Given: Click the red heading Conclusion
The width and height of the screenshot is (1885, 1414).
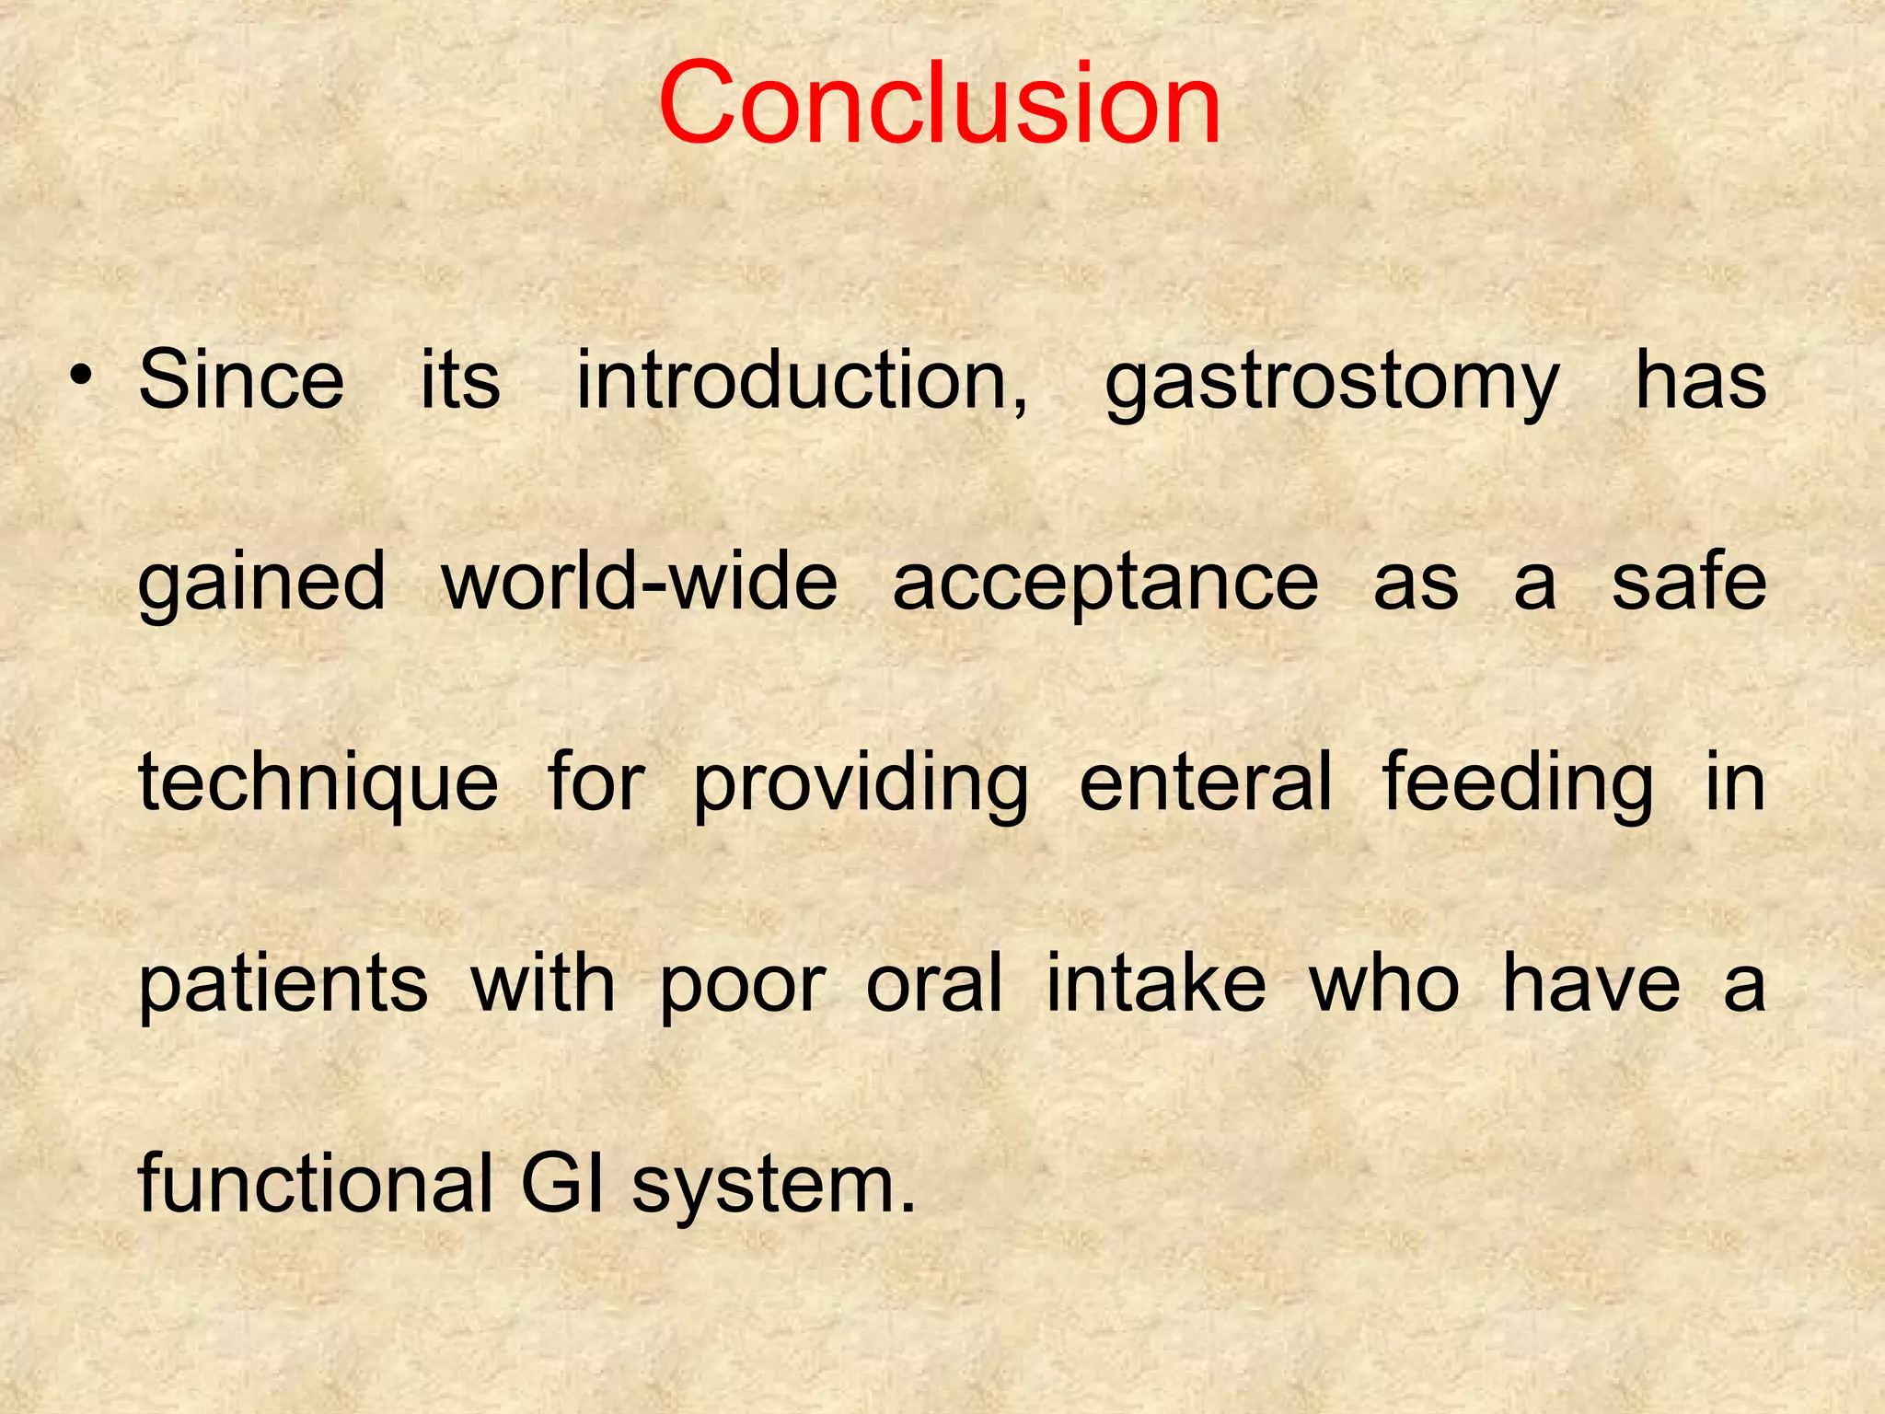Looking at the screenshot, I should (940, 103).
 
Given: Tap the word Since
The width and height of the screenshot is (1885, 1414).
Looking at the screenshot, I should (241, 380).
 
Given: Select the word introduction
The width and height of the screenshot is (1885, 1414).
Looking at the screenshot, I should (802, 380).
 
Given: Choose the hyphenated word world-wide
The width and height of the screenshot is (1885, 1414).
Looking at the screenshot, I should (640, 582).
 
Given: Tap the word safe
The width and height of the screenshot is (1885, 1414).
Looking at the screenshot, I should (1688, 582).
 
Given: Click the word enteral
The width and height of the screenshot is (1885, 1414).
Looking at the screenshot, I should (1206, 782).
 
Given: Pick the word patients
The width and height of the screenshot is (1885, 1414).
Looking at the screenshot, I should (283, 985).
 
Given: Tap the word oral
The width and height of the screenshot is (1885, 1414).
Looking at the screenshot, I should (934, 983).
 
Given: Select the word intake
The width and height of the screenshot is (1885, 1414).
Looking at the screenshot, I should (1156, 983).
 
